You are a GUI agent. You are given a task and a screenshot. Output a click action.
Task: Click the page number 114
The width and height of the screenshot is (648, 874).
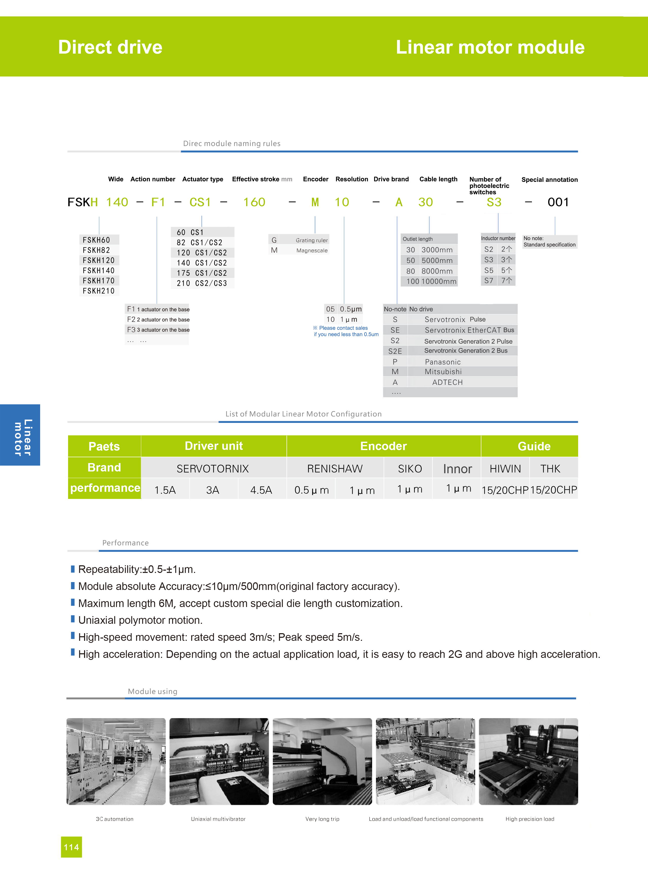pos(71,847)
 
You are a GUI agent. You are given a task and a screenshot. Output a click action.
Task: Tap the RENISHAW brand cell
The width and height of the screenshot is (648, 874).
pos(335,468)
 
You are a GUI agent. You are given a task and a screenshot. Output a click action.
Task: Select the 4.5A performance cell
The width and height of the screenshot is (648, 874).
pos(261,490)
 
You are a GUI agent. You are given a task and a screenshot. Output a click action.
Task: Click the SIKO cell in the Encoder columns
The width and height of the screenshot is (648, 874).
pos(409,468)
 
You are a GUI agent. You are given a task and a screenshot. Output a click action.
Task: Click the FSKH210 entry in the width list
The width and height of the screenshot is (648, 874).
pos(99,291)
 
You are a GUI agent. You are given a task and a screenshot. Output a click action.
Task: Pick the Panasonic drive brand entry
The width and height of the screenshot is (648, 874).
pos(442,362)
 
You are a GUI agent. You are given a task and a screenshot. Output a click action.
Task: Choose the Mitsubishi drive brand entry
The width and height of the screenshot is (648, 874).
pos(443,372)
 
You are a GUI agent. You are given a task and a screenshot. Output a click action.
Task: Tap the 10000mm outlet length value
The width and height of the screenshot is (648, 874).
pos(438,282)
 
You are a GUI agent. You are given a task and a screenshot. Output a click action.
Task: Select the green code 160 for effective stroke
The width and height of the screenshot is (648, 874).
pos(254,202)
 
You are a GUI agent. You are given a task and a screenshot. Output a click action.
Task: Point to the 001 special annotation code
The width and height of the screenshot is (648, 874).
pos(558,202)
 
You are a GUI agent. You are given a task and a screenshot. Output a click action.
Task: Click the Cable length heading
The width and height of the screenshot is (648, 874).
pos(438,179)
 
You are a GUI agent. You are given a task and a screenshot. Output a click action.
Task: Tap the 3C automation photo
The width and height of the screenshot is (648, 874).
pos(116,761)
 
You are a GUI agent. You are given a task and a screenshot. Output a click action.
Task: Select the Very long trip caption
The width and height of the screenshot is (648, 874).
pos(322,819)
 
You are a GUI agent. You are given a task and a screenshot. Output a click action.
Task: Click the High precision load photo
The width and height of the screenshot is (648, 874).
pos(528,761)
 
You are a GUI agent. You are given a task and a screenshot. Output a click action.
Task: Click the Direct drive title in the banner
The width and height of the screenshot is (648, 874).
pos(110,47)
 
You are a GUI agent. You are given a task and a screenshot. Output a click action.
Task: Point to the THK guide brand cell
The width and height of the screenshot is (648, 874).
pos(550,468)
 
